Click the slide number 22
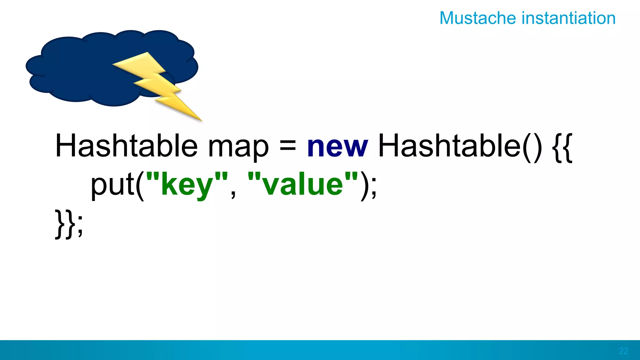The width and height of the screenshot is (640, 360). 623,351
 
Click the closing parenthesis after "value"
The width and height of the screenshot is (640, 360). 365,186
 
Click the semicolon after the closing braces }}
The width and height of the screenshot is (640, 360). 80,226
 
